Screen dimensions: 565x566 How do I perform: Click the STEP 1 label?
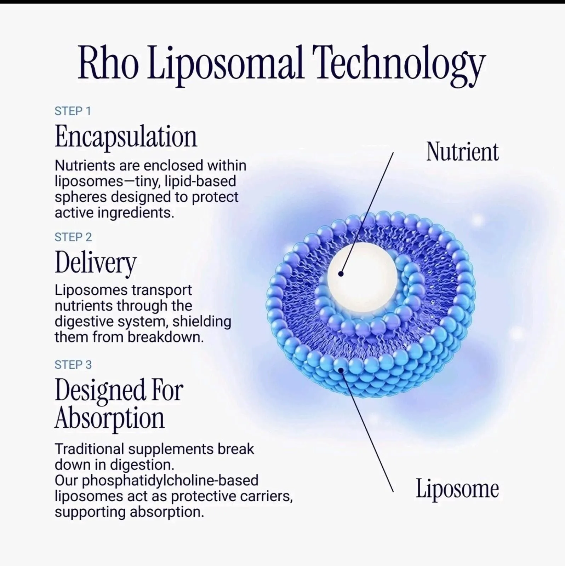[x=73, y=111]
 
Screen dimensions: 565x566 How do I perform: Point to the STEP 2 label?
[x=73, y=237]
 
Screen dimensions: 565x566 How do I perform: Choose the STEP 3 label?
[x=73, y=364]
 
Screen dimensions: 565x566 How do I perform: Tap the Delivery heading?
[x=96, y=263]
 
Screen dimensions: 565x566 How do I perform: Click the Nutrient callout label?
[x=462, y=152]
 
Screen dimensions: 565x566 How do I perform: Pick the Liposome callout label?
[x=457, y=489]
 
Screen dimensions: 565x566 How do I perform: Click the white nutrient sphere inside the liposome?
[x=362, y=278]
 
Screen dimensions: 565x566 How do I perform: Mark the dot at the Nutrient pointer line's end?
[x=341, y=273]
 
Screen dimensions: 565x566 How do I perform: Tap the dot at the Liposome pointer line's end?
[x=341, y=370]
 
